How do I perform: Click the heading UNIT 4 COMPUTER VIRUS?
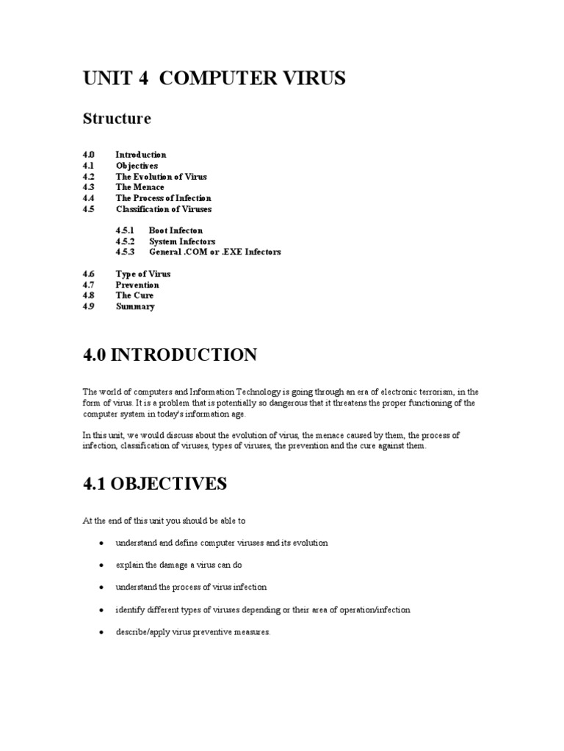[214, 79]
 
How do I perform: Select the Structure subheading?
[117, 119]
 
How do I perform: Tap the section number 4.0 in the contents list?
[89, 155]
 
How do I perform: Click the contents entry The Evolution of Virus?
[161, 177]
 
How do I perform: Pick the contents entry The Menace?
[140, 187]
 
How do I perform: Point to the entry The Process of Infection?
[163, 198]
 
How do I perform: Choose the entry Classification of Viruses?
[163, 209]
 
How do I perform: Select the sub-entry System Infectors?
[182, 241]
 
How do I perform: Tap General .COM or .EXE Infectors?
[214, 252]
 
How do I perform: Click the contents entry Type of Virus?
[142, 274]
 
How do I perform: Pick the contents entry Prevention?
[137, 285]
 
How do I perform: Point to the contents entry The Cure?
[134, 296]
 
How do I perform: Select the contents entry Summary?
[135, 307]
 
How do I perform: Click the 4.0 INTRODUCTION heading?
[170, 356]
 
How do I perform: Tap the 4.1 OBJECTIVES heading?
[154, 484]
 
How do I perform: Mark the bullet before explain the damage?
[101, 565]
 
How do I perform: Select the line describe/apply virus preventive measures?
[193, 632]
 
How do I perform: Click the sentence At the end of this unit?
[163, 521]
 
